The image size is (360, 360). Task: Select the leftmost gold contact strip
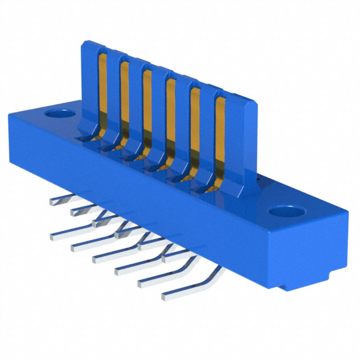(x=103, y=90)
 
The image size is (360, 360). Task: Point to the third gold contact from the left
(x=146, y=107)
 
